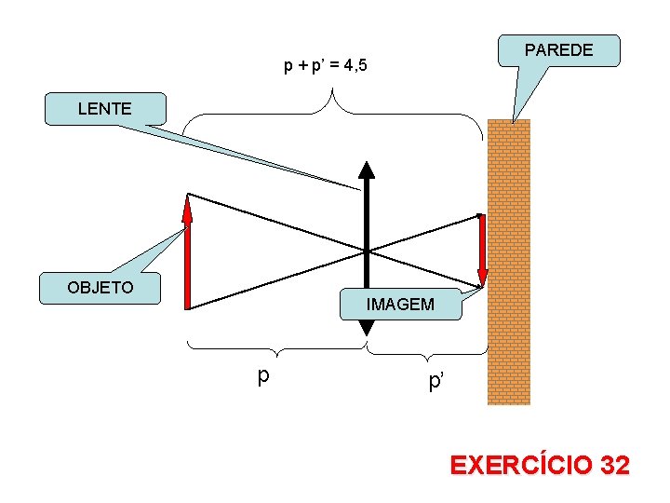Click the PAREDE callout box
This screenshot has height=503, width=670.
559,50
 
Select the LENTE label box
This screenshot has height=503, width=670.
105,108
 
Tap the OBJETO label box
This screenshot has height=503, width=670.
100,288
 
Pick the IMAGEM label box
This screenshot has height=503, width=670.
400,305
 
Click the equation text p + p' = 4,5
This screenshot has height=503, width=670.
326,66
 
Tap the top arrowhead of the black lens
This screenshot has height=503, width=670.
367,170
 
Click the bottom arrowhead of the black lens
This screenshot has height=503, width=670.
367,327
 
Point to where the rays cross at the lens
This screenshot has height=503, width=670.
367,251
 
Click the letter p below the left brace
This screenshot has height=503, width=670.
264,374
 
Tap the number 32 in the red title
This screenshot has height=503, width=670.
614,465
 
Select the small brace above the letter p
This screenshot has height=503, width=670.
277,348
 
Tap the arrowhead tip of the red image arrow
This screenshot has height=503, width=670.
482,283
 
